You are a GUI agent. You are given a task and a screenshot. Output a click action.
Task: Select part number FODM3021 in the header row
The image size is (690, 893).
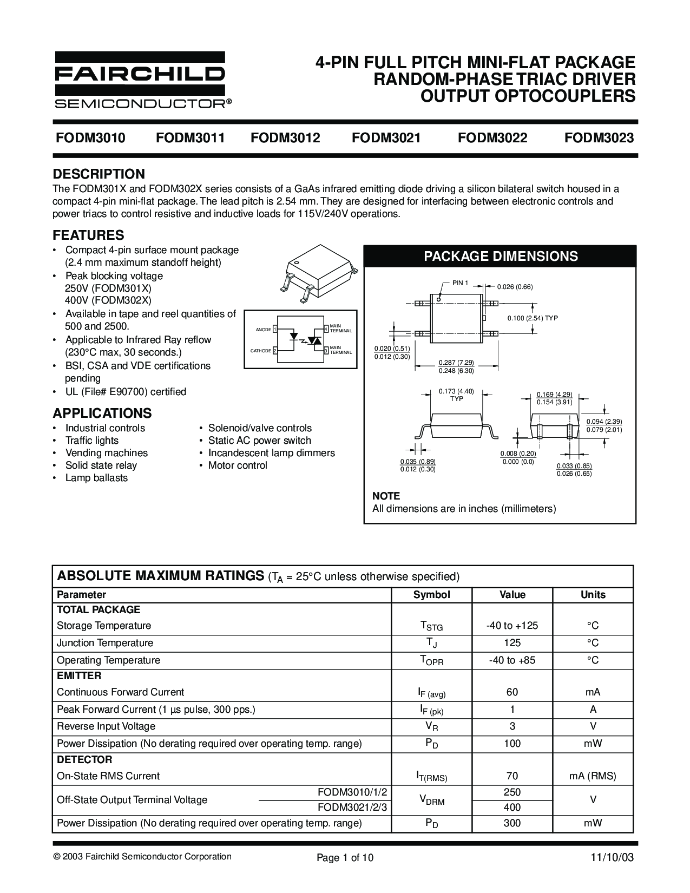click(x=386, y=138)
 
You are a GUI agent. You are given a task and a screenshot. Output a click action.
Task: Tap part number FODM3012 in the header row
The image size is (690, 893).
click(x=285, y=138)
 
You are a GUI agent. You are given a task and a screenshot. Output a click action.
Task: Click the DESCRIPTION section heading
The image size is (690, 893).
click(x=98, y=174)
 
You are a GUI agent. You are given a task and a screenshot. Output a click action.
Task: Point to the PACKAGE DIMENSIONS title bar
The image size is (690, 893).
click(x=500, y=256)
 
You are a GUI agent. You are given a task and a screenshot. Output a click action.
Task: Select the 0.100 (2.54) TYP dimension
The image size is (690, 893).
click(x=532, y=318)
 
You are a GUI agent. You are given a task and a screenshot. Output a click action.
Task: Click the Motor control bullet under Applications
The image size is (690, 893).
click(x=238, y=465)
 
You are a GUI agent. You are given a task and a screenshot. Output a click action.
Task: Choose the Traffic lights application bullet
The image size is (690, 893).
click(x=92, y=441)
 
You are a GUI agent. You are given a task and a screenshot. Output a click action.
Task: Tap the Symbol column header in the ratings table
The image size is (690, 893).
click(x=431, y=595)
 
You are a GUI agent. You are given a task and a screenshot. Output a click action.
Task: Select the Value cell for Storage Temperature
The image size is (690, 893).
click(x=512, y=626)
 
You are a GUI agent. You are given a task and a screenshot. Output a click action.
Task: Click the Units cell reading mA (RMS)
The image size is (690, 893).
click(x=593, y=776)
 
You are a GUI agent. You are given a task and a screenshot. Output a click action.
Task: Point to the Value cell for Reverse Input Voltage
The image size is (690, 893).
click(x=512, y=726)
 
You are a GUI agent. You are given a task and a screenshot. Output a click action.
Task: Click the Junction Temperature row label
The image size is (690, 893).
click(x=105, y=643)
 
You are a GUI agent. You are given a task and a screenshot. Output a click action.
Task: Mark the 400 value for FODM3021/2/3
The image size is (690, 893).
click(x=512, y=807)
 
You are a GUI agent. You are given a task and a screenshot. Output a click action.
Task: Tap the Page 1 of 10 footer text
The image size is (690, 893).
click(x=345, y=858)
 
